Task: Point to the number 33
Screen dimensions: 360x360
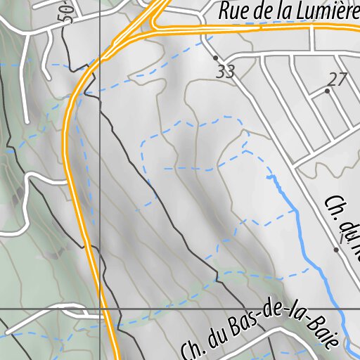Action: pos(225,71)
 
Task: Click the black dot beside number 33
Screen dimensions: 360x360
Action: pos(215,57)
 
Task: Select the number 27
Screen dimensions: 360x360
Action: pos(337,79)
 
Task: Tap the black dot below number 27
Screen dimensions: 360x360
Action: pos(327,91)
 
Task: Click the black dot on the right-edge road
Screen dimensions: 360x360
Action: pos(336,249)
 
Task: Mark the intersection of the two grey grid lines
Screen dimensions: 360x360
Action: pos(100,309)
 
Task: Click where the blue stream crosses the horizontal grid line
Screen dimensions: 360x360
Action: pos(339,309)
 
